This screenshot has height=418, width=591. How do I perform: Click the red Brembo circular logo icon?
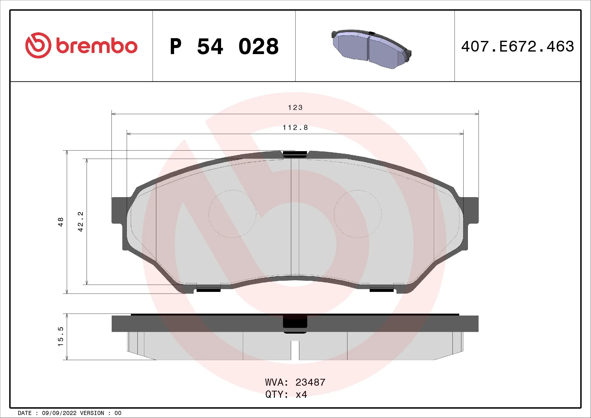click(x=37, y=45)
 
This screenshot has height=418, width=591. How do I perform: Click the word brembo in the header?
click(x=97, y=46)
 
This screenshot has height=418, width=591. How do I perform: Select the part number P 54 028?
click(x=224, y=47)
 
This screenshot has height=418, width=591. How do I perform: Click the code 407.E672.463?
click(x=517, y=47)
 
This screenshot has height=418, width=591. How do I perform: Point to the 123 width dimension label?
click(x=295, y=107)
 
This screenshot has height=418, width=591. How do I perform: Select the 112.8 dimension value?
click(x=295, y=128)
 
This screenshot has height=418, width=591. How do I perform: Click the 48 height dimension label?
click(x=61, y=222)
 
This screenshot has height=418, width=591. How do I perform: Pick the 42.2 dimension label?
click(x=81, y=222)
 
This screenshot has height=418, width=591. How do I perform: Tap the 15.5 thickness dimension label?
click(x=61, y=337)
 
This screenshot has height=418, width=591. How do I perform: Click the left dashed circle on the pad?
click(x=232, y=214)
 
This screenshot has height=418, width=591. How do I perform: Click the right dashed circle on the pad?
click(x=358, y=214)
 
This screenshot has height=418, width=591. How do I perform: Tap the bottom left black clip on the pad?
click(x=208, y=290)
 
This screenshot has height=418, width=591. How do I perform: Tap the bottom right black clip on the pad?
click(x=382, y=290)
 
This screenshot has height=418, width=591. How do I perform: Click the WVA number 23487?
click(x=310, y=382)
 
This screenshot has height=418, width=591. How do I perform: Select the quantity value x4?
click(x=301, y=394)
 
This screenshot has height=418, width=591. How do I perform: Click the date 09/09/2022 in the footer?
click(x=59, y=413)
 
